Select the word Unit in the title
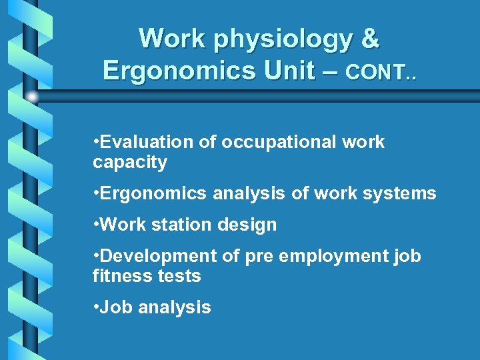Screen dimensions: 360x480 (x=287, y=69)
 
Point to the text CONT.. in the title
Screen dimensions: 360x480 (x=381, y=71)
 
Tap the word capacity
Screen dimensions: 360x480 (x=130, y=162)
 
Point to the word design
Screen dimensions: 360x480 (x=247, y=225)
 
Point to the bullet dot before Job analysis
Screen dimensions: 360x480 (x=96, y=307)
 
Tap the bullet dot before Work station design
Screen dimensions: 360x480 (x=96, y=225)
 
